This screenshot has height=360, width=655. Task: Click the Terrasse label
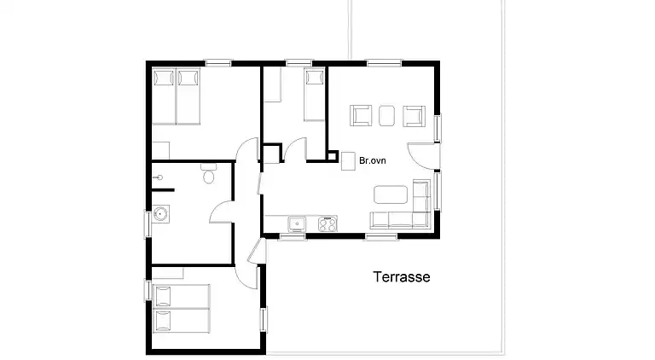pos(401,277)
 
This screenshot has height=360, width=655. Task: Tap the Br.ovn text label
pos(373,160)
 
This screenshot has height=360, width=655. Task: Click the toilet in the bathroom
pos(208,177)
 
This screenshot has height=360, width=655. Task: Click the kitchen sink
pos(297,224)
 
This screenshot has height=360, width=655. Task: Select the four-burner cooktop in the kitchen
pos(327,224)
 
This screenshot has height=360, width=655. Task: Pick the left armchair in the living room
pos(361,115)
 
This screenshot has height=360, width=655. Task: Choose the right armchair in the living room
pos(414,115)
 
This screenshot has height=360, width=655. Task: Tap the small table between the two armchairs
pos(387,114)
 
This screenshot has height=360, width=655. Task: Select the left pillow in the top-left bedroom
pos(164,78)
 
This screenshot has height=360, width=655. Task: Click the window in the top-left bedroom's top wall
pos(219,62)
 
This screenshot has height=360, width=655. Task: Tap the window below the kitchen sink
pos(293,236)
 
